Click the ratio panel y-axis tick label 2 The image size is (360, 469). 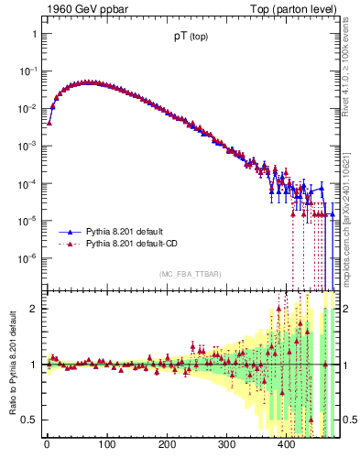[34, 309]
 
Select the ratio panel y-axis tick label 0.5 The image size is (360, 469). [30, 420]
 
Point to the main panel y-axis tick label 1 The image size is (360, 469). [34, 34]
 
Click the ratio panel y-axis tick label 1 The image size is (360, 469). [34, 365]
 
